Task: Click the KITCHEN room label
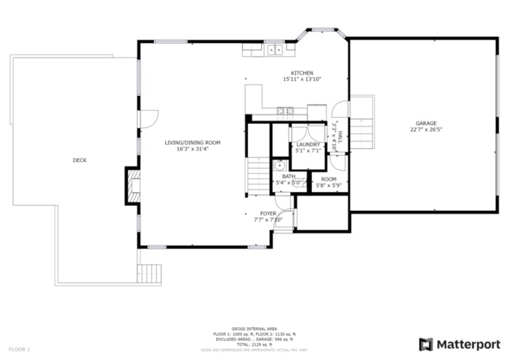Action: tap(302, 73)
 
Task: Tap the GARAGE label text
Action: tap(426, 123)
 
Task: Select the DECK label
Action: tap(79, 160)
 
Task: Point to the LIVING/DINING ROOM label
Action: tap(192, 143)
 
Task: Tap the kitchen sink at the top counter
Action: tap(275, 49)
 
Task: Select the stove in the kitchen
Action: tap(285, 111)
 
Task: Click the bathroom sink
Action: tap(278, 166)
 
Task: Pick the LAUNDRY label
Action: tap(308, 145)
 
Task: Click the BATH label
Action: tap(289, 176)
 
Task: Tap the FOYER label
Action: tap(268, 213)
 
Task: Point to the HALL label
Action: tap(339, 129)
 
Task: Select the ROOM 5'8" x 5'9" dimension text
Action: tap(329, 185)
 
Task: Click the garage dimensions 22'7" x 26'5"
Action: tap(426, 130)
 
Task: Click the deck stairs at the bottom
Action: tap(149, 273)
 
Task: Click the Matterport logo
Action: tap(460, 343)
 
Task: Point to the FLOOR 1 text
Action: tap(19, 350)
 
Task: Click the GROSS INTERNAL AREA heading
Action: tap(254, 329)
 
